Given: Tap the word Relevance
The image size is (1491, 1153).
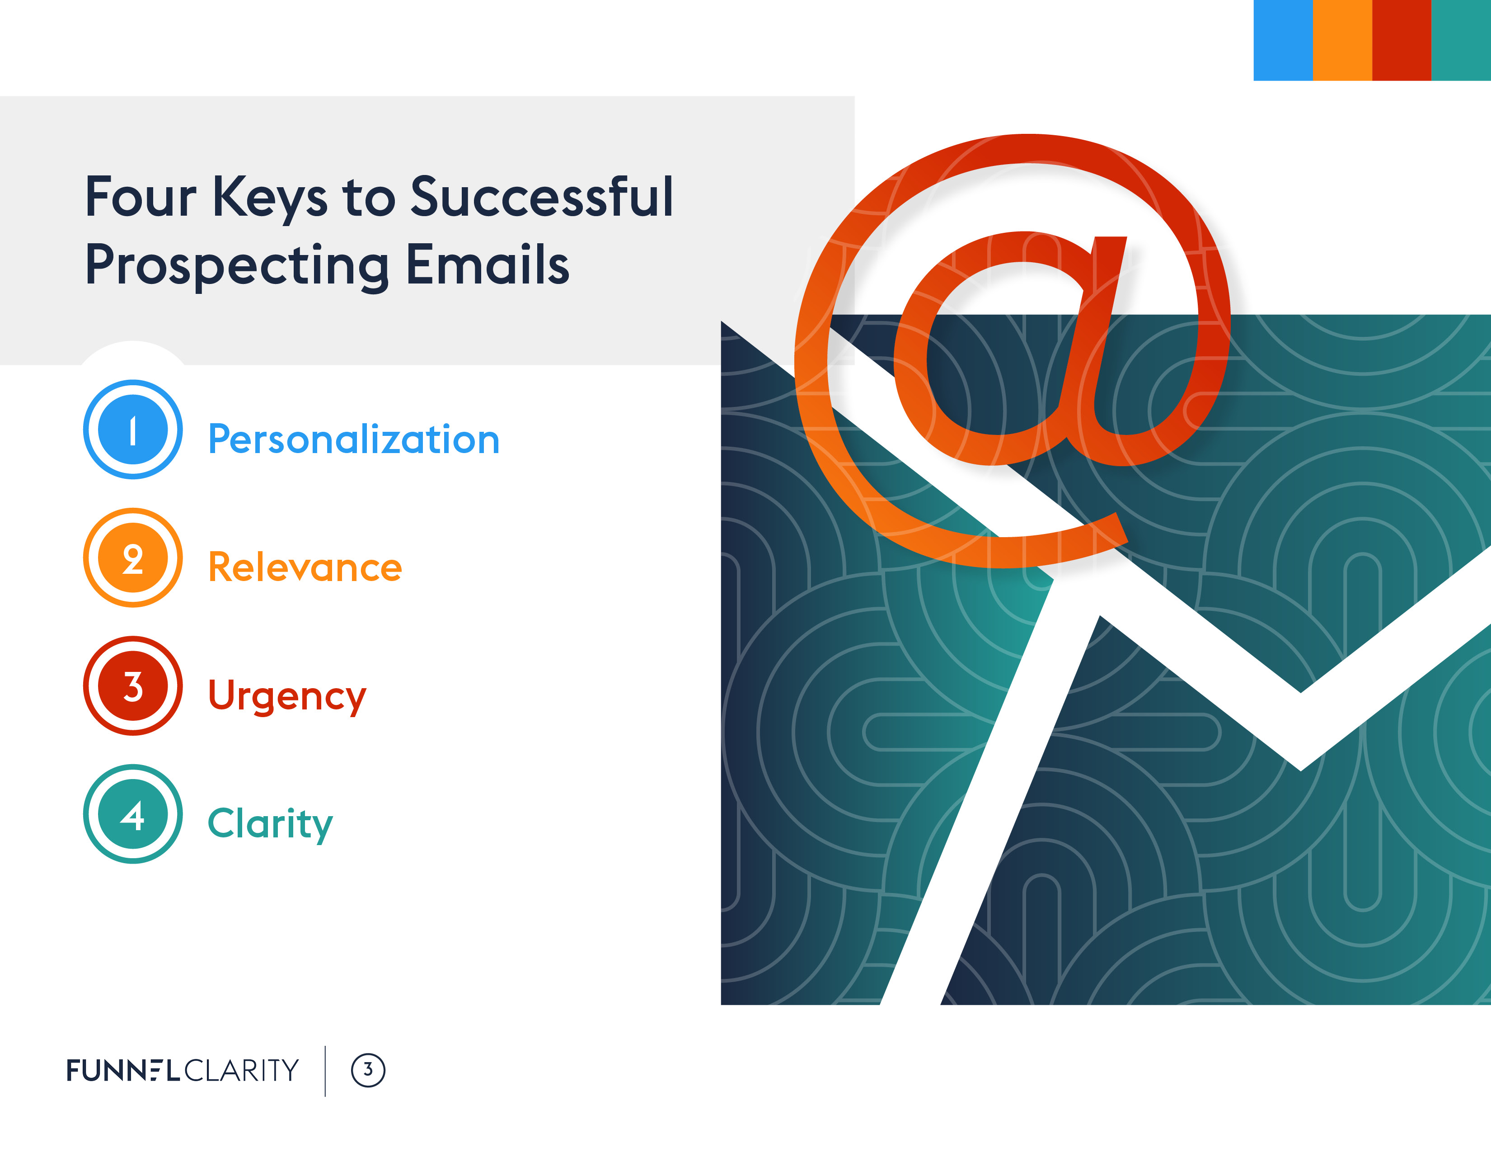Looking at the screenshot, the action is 305,567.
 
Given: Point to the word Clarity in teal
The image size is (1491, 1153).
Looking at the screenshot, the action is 270,824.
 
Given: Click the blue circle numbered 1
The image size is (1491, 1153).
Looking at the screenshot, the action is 133,430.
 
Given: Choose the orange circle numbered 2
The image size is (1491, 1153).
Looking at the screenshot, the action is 133,558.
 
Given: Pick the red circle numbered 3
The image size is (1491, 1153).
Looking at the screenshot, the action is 133,686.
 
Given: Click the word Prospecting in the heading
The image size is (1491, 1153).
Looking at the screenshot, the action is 237,267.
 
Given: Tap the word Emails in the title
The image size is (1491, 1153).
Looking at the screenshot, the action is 488,265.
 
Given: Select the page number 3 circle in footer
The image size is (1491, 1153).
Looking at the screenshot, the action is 368,1070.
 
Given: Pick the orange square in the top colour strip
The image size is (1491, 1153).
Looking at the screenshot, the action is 1342,40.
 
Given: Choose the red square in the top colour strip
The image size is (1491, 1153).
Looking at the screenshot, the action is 1402,40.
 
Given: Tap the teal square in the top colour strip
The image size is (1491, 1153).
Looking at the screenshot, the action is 1461,40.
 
